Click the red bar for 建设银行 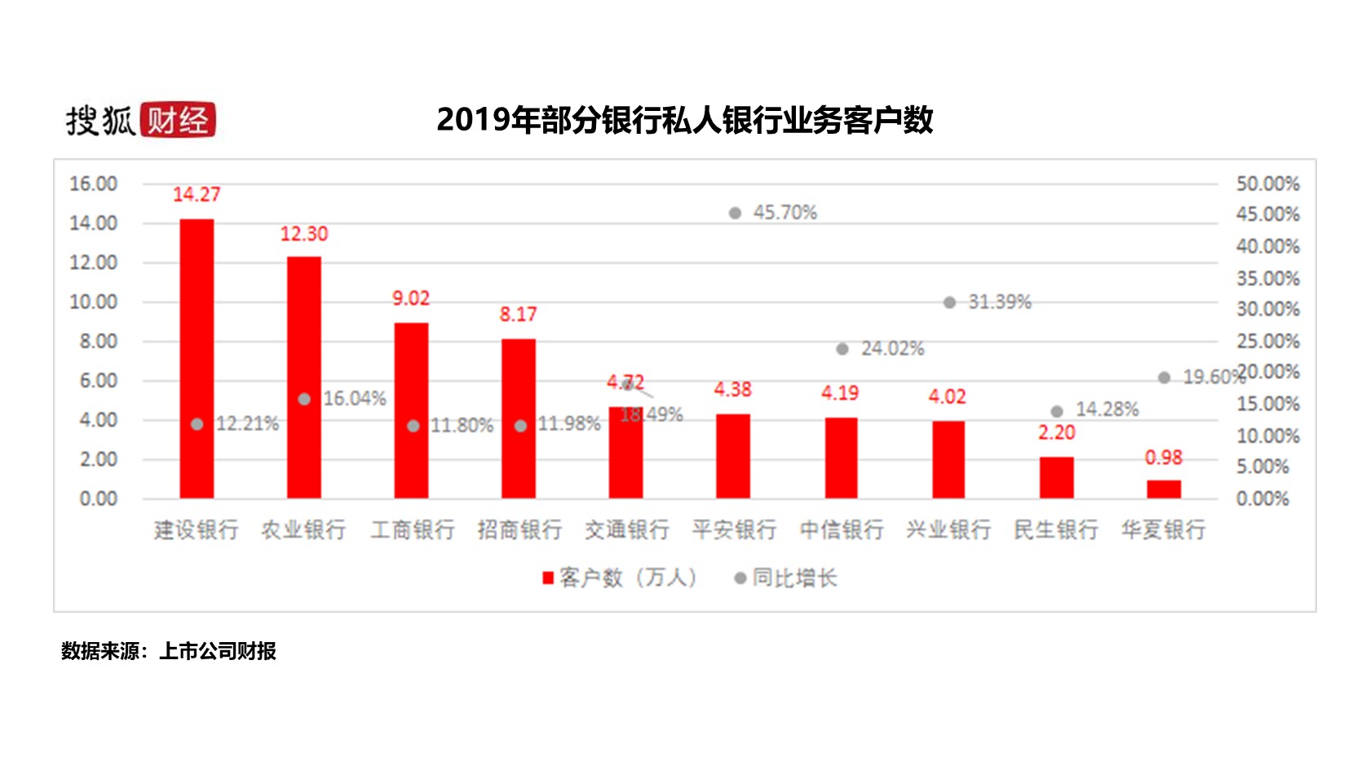pyautogui.click(x=197, y=359)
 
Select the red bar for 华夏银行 pyautogui.click(x=1164, y=489)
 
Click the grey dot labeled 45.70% pyautogui.click(x=735, y=213)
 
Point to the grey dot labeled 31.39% pyautogui.click(x=949, y=303)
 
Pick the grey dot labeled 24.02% pyautogui.click(x=842, y=349)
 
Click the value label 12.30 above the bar pyautogui.click(x=304, y=234)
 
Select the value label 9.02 pyautogui.click(x=411, y=299)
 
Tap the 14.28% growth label pyautogui.click(x=1107, y=410)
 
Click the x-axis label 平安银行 pyautogui.click(x=734, y=530)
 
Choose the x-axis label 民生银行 pyautogui.click(x=1056, y=530)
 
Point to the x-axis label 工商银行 pyautogui.click(x=413, y=530)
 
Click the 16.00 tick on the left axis pyautogui.click(x=93, y=184)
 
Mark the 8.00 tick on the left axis pyautogui.click(x=98, y=342)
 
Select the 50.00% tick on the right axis pyautogui.click(x=1267, y=184)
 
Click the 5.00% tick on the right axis pyautogui.click(x=1262, y=467)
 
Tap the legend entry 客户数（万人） pyautogui.click(x=620, y=578)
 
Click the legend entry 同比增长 pyautogui.click(x=787, y=578)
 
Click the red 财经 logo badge pyautogui.click(x=178, y=120)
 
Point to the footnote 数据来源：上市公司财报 pyautogui.click(x=169, y=651)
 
